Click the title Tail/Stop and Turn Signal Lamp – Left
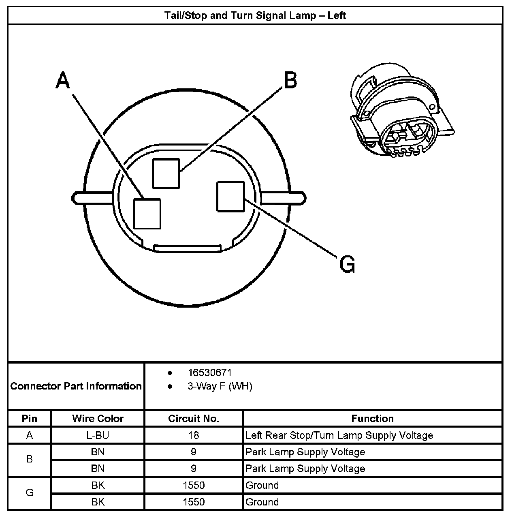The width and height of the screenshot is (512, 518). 255,15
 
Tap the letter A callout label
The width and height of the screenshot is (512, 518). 63,80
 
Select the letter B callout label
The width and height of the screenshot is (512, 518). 290,80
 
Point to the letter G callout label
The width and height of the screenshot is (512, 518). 347,264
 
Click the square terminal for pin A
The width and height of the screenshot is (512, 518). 147,214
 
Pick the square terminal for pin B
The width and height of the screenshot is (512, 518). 166,173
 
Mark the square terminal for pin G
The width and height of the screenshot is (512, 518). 231,197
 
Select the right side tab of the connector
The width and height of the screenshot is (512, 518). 283,199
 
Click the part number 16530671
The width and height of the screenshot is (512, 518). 209,372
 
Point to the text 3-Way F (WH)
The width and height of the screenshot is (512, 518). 220,386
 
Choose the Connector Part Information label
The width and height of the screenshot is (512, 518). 76,386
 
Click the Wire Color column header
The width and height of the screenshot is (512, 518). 98,418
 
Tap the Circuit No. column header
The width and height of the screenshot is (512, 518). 194,418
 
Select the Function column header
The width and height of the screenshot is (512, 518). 372,418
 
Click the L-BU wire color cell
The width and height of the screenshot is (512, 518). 98,435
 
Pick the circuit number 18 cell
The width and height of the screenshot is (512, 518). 194,435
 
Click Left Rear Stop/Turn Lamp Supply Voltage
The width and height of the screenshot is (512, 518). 339,435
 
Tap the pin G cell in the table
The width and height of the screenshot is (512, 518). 30,493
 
